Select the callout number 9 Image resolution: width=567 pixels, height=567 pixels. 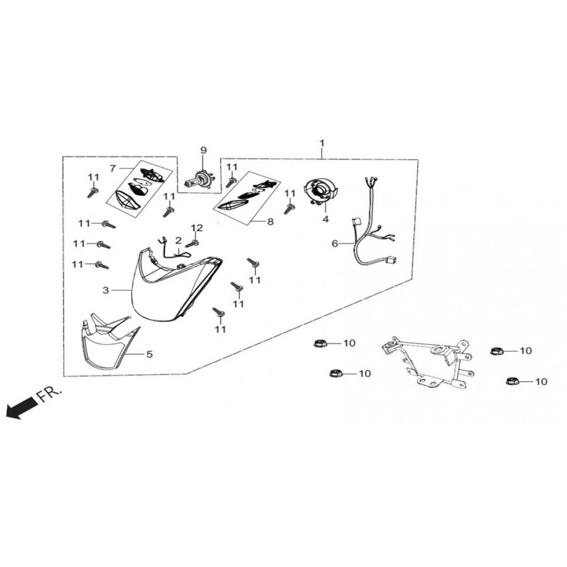coord(204,150)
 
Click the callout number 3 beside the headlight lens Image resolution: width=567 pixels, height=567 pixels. coord(105,290)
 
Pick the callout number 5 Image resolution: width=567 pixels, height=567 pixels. coord(150,354)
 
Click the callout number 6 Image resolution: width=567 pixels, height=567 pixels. coord(335,243)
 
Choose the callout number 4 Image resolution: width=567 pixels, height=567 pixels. coord(325,218)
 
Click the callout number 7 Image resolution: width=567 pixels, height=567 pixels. coord(113,168)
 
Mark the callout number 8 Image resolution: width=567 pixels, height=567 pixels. coord(270,222)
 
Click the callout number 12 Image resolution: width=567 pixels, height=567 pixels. coord(196,227)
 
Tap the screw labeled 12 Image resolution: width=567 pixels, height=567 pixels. coord(192,243)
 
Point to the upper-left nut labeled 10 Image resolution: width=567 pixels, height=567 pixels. coord(319,344)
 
